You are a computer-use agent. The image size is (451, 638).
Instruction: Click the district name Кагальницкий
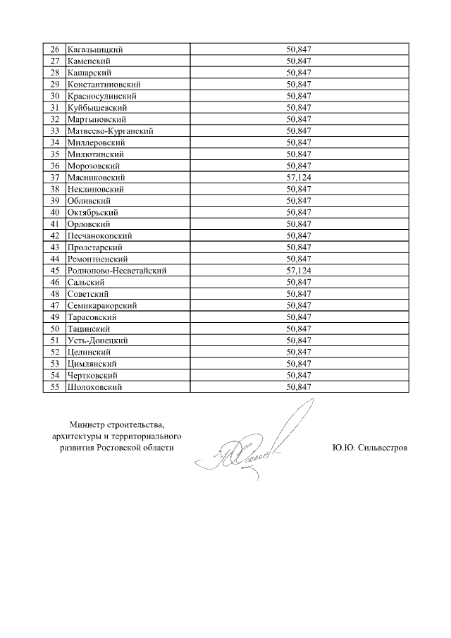[95, 49]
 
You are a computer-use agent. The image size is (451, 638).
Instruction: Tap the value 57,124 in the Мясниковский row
[299, 178]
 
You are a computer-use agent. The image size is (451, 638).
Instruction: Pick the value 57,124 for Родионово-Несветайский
[299, 271]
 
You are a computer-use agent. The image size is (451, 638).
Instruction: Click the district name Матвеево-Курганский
[110, 131]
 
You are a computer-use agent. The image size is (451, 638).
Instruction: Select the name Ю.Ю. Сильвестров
[369, 448]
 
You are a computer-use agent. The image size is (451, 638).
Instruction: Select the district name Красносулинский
[101, 96]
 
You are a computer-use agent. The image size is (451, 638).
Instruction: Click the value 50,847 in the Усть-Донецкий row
[299, 341]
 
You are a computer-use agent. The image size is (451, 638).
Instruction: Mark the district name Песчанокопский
[99, 235]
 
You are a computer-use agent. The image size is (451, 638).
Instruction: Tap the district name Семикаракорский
[101, 305]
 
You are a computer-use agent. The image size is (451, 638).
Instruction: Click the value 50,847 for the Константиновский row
[299, 85]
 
